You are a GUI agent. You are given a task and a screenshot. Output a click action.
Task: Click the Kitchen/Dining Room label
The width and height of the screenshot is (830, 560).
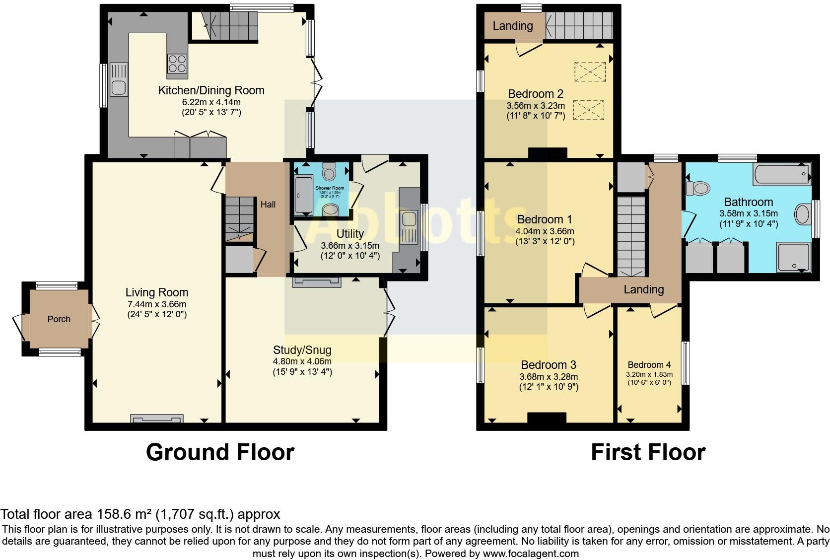(211, 90)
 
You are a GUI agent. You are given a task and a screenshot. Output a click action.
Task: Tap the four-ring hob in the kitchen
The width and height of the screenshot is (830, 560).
(177, 64)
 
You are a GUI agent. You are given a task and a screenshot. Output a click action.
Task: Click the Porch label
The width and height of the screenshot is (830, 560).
(59, 319)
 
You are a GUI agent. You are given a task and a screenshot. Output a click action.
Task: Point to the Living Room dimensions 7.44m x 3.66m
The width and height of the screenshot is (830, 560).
(156, 304)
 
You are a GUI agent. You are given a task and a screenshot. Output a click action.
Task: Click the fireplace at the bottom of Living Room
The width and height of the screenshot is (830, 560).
(157, 419)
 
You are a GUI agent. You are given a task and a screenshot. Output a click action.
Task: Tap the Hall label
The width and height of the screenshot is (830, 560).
(268, 205)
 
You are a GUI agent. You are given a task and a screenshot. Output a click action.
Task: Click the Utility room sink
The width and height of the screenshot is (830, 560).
(409, 219)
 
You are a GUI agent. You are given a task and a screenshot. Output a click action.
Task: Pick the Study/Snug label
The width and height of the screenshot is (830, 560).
(302, 350)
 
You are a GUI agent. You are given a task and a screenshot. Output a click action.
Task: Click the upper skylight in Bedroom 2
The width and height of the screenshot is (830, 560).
(590, 71)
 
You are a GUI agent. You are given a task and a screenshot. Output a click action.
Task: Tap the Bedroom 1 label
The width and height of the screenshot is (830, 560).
(545, 219)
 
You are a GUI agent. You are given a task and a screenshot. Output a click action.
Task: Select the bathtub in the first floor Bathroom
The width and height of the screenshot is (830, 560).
(781, 174)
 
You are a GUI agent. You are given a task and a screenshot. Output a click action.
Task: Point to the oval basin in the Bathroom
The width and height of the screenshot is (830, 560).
(802, 215)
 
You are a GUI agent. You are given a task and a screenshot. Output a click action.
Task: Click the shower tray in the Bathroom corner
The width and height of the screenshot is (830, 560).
(792, 257)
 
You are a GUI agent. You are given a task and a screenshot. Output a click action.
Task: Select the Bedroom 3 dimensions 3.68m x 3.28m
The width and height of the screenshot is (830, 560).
(549, 377)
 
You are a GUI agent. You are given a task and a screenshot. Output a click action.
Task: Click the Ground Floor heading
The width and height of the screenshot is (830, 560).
(220, 452)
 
